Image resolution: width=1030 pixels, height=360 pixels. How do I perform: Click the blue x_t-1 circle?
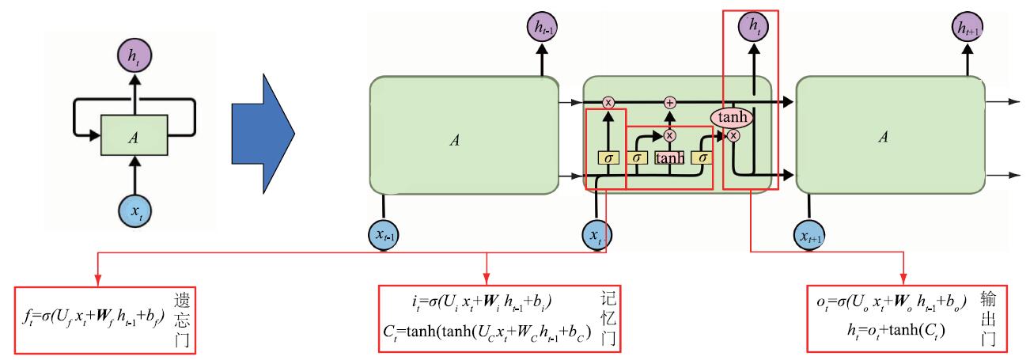[x=384, y=234]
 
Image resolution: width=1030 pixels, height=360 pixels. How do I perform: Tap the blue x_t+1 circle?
[x=810, y=234]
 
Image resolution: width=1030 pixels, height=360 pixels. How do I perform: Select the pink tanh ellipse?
[x=733, y=117]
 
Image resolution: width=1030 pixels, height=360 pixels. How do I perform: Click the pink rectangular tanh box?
[x=670, y=158]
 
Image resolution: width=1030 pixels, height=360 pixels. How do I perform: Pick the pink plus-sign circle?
[x=670, y=102]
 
